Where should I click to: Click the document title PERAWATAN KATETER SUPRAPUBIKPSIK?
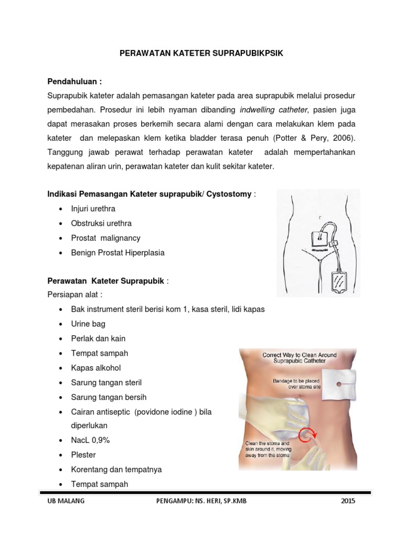pos(201,54)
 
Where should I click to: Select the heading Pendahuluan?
pos(75,82)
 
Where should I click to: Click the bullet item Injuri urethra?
pos(93,209)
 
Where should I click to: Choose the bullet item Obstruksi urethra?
pos(101,223)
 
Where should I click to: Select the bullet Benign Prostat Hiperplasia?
pos(118,253)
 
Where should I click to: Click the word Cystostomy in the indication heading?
pos(229,194)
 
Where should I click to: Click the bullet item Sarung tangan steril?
pos(107,382)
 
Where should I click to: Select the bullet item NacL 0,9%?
pos(90,440)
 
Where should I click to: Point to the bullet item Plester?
pos(83,455)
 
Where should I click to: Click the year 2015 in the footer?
pos(347,501)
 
